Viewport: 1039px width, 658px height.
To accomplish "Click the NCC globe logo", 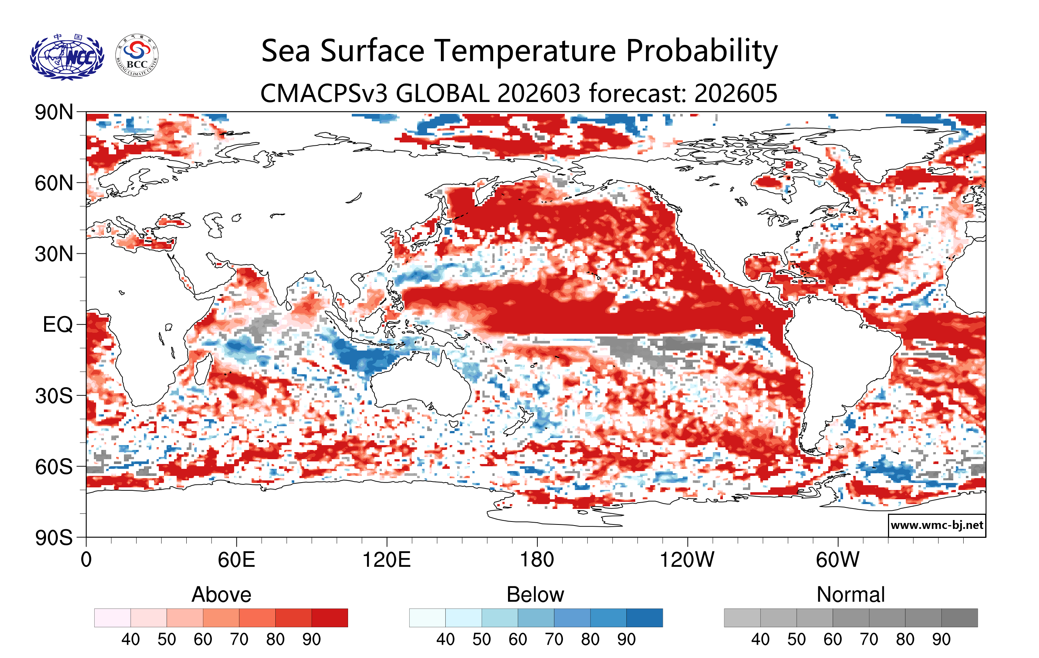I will (67, 56).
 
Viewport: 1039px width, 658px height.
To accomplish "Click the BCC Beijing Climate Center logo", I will (137, 56).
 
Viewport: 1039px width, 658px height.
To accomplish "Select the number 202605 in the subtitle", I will (736, 93).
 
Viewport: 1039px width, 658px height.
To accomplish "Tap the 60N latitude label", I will (54, 183).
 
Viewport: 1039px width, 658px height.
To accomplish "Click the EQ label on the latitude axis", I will (58, 325).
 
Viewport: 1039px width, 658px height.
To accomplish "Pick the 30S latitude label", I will (54, 396).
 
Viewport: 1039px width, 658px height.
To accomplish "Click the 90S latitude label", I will (54, 538).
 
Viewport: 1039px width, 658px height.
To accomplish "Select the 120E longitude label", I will (386, 560).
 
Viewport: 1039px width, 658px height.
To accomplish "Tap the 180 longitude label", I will (537, 560).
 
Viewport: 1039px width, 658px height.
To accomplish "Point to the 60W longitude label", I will (838, 560).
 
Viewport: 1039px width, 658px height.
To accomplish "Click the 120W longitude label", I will (687, 560).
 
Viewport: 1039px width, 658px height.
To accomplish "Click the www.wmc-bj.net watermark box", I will (937, 525).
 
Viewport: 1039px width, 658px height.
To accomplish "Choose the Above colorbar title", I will (222, 595).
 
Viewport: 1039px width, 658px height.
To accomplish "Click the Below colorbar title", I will (535, 595).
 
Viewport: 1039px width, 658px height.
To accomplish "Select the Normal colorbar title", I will (850, 595).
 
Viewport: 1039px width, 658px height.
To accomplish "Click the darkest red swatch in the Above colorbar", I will (330, 618).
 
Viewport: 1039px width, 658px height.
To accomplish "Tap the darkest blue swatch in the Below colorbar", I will (644, 618).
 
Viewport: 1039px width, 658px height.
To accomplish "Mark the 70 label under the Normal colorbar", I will (869, 639).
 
